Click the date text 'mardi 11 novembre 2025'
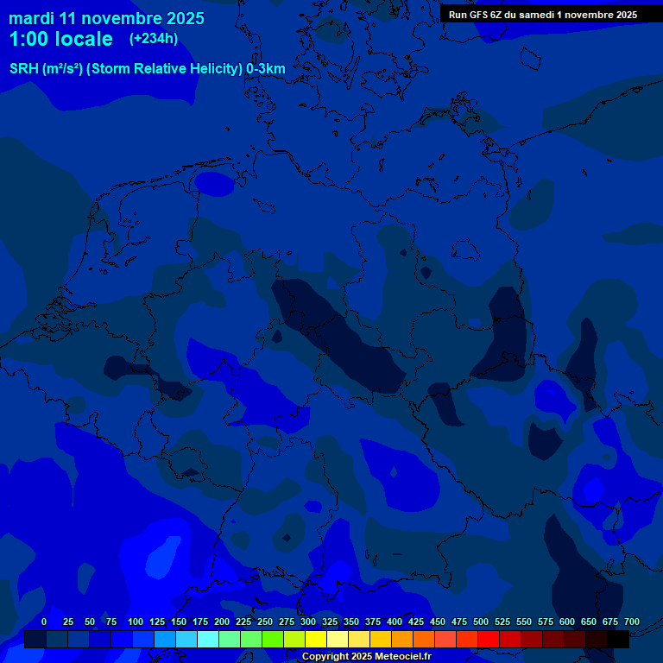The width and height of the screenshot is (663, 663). click(106, 18)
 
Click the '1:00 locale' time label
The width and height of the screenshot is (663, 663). click(61, 39)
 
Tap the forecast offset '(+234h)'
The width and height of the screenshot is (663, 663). click(154, 39)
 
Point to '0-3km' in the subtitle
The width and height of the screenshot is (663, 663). click(266, 69)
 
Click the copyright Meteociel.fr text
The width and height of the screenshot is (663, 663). click(366, 656)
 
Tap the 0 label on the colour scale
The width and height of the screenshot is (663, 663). click(44, 622)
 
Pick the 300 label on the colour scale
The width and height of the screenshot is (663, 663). click(308, 622)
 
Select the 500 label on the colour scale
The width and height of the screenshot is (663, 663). click(481, 622)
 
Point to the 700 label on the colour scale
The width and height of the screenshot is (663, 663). click(632, 622)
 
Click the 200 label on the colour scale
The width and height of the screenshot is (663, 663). click(222, 622)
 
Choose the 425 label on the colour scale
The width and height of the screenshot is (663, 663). click(416, 622)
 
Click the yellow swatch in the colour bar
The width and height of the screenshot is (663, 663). click(316, 639)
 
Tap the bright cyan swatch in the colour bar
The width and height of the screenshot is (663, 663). click(208, 639)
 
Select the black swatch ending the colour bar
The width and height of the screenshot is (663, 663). click(618, 639)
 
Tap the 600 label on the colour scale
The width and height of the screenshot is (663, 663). click(567, 622)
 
